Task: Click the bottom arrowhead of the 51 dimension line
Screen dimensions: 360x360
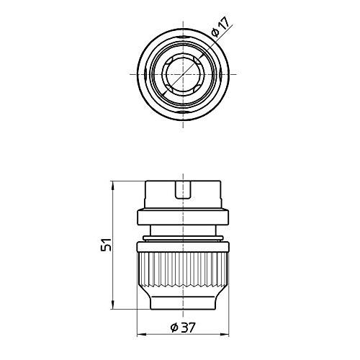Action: coord(114,305)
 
